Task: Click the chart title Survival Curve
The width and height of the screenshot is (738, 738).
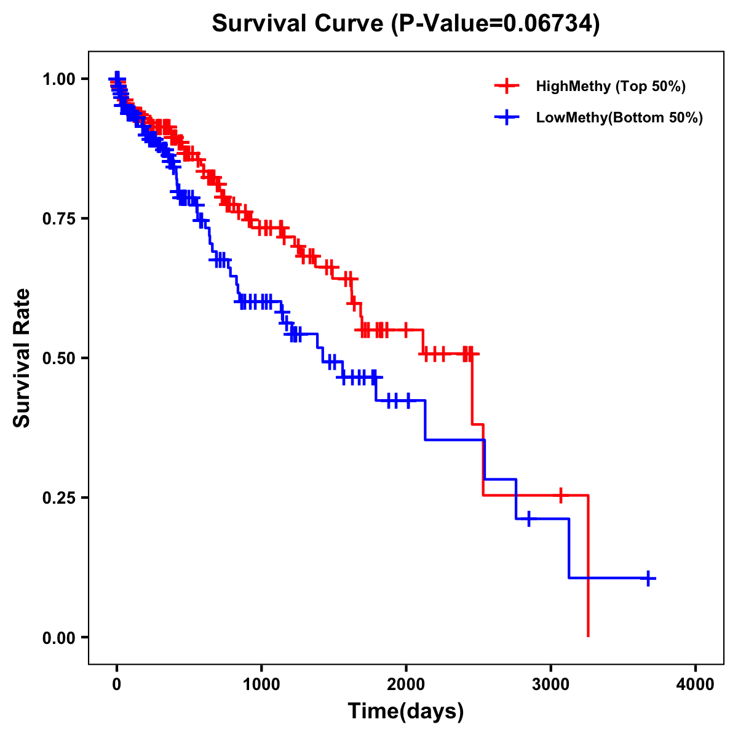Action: pos(299,23)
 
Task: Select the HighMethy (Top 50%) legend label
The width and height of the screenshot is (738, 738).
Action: pos(611,86)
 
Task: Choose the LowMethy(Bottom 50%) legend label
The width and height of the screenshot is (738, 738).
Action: pos(619,117)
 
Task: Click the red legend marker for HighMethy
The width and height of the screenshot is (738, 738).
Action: pos(507,86)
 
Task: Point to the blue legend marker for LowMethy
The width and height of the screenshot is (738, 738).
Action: pos(507,117)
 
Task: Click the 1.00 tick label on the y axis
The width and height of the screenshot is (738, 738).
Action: pos(58,79)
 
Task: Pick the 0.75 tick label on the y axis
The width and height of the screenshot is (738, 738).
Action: pos(58,218)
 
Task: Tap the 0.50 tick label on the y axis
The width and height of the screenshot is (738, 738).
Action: pos(58,358)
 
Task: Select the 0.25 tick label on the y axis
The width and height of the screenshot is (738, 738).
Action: pos(58,498)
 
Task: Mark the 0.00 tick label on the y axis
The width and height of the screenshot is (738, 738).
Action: pos(58,637)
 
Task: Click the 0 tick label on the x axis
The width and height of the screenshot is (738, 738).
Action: pos(117,684)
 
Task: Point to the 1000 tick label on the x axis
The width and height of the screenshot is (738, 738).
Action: pos(261,684)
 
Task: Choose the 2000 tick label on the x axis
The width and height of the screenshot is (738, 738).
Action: pos(406,684)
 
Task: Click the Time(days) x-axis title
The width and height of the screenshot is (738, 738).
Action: pos(406,712)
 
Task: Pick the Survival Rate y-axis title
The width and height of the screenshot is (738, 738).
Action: pos(22,358)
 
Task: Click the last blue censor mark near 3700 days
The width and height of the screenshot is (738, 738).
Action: pos(648,578)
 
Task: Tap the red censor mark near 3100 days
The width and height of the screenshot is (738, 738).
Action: pos(560,494)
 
